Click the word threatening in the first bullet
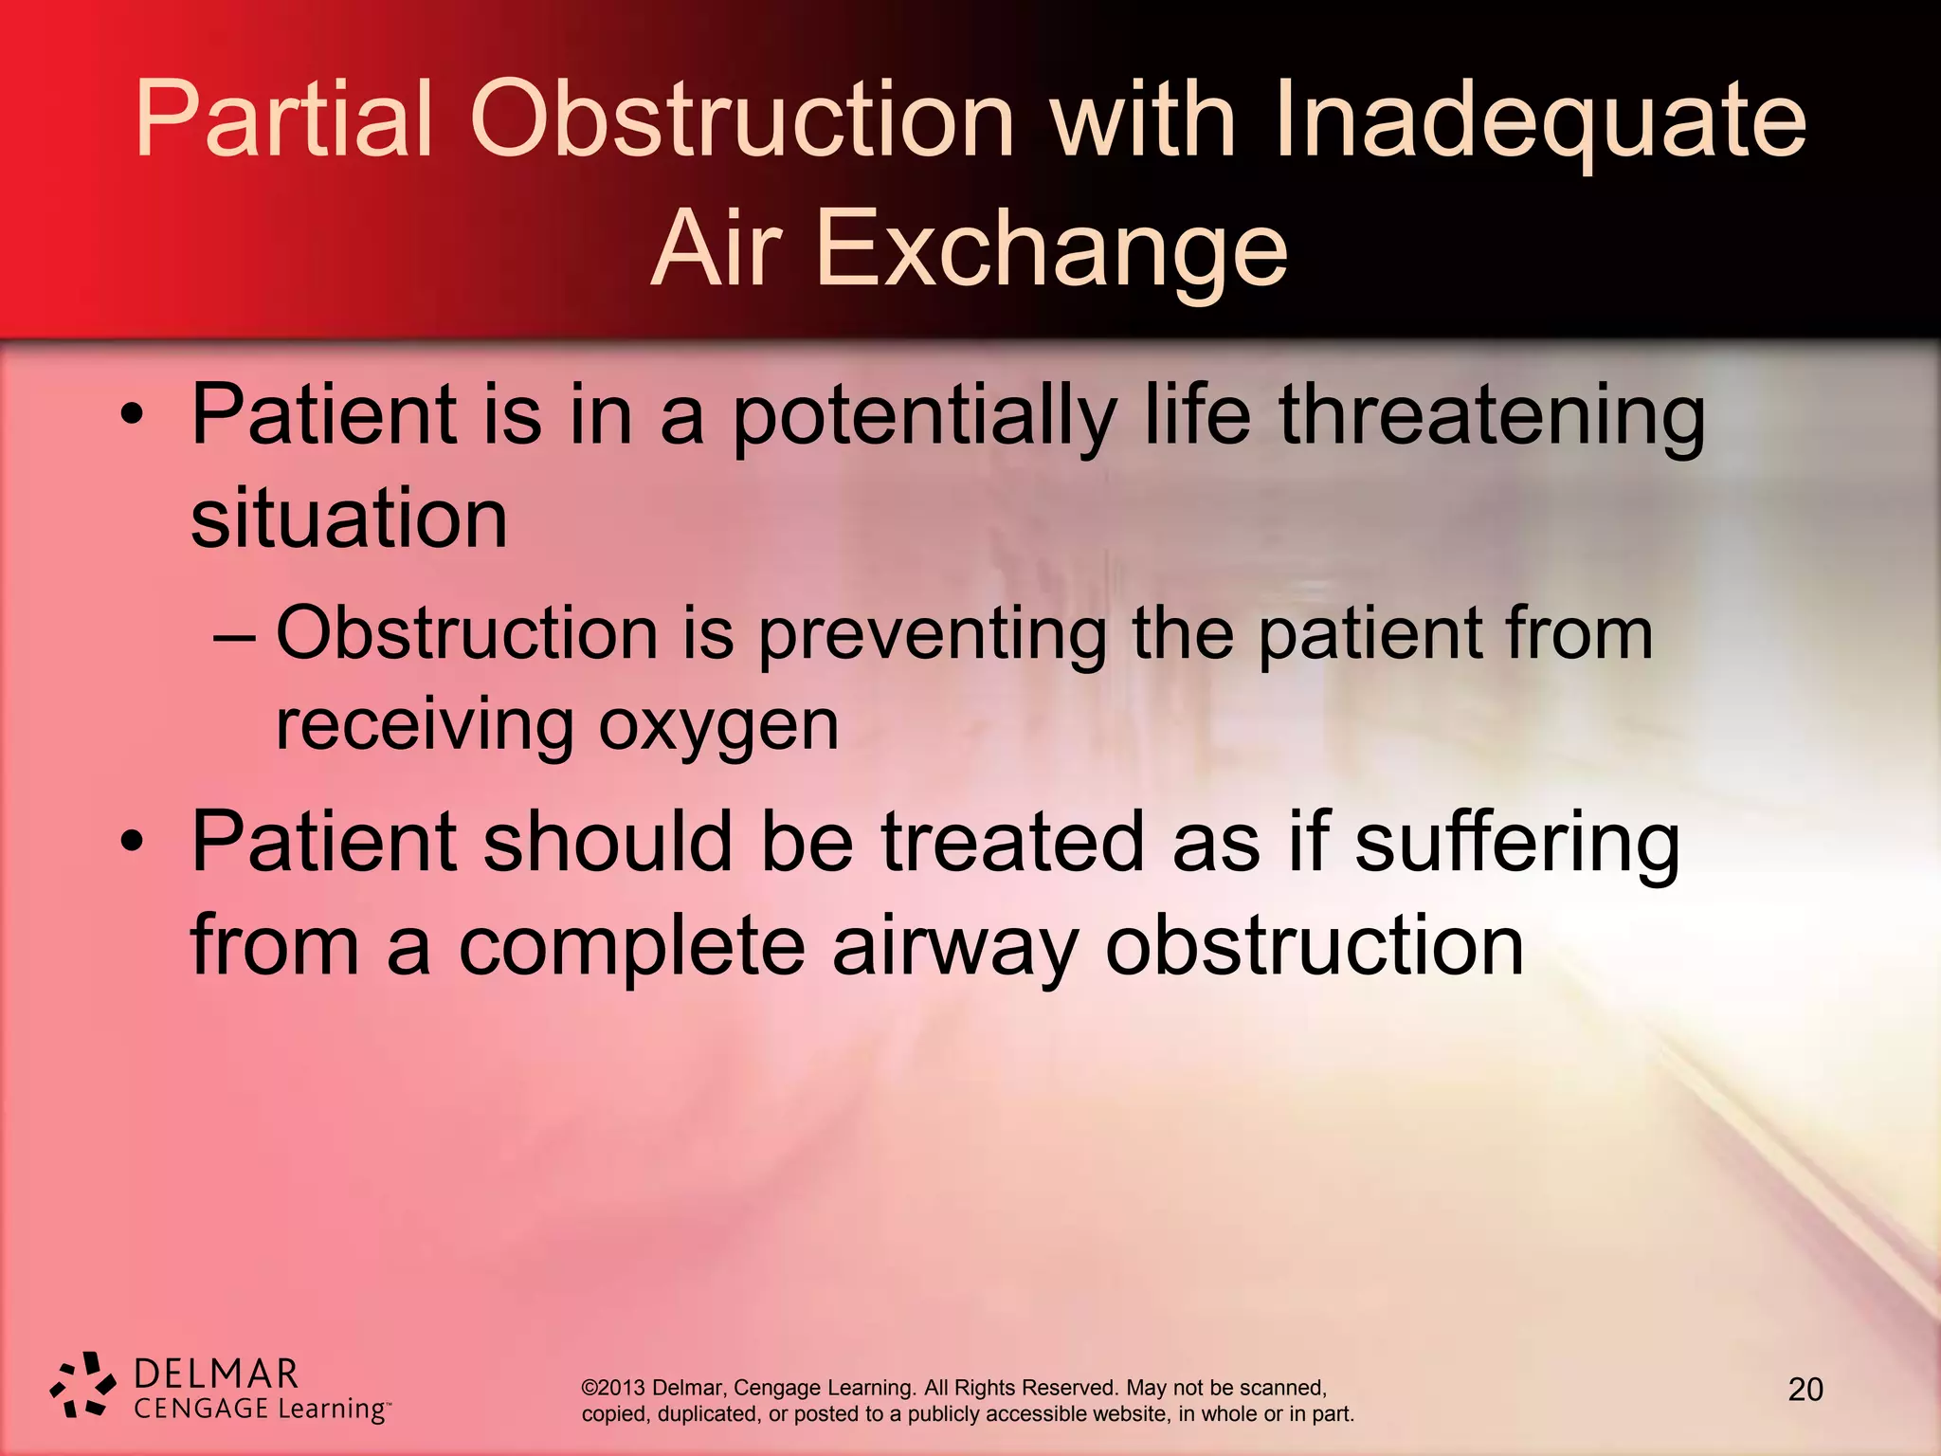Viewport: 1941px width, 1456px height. click(1492, 417)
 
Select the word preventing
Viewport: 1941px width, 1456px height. click(933, 635)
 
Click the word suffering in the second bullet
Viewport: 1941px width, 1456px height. click(1516, 844)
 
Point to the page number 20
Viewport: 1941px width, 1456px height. click(1805, 1390)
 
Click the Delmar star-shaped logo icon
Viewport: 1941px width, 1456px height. click(82, 1386)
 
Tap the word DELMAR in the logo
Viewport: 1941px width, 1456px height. click(217, 1374)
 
